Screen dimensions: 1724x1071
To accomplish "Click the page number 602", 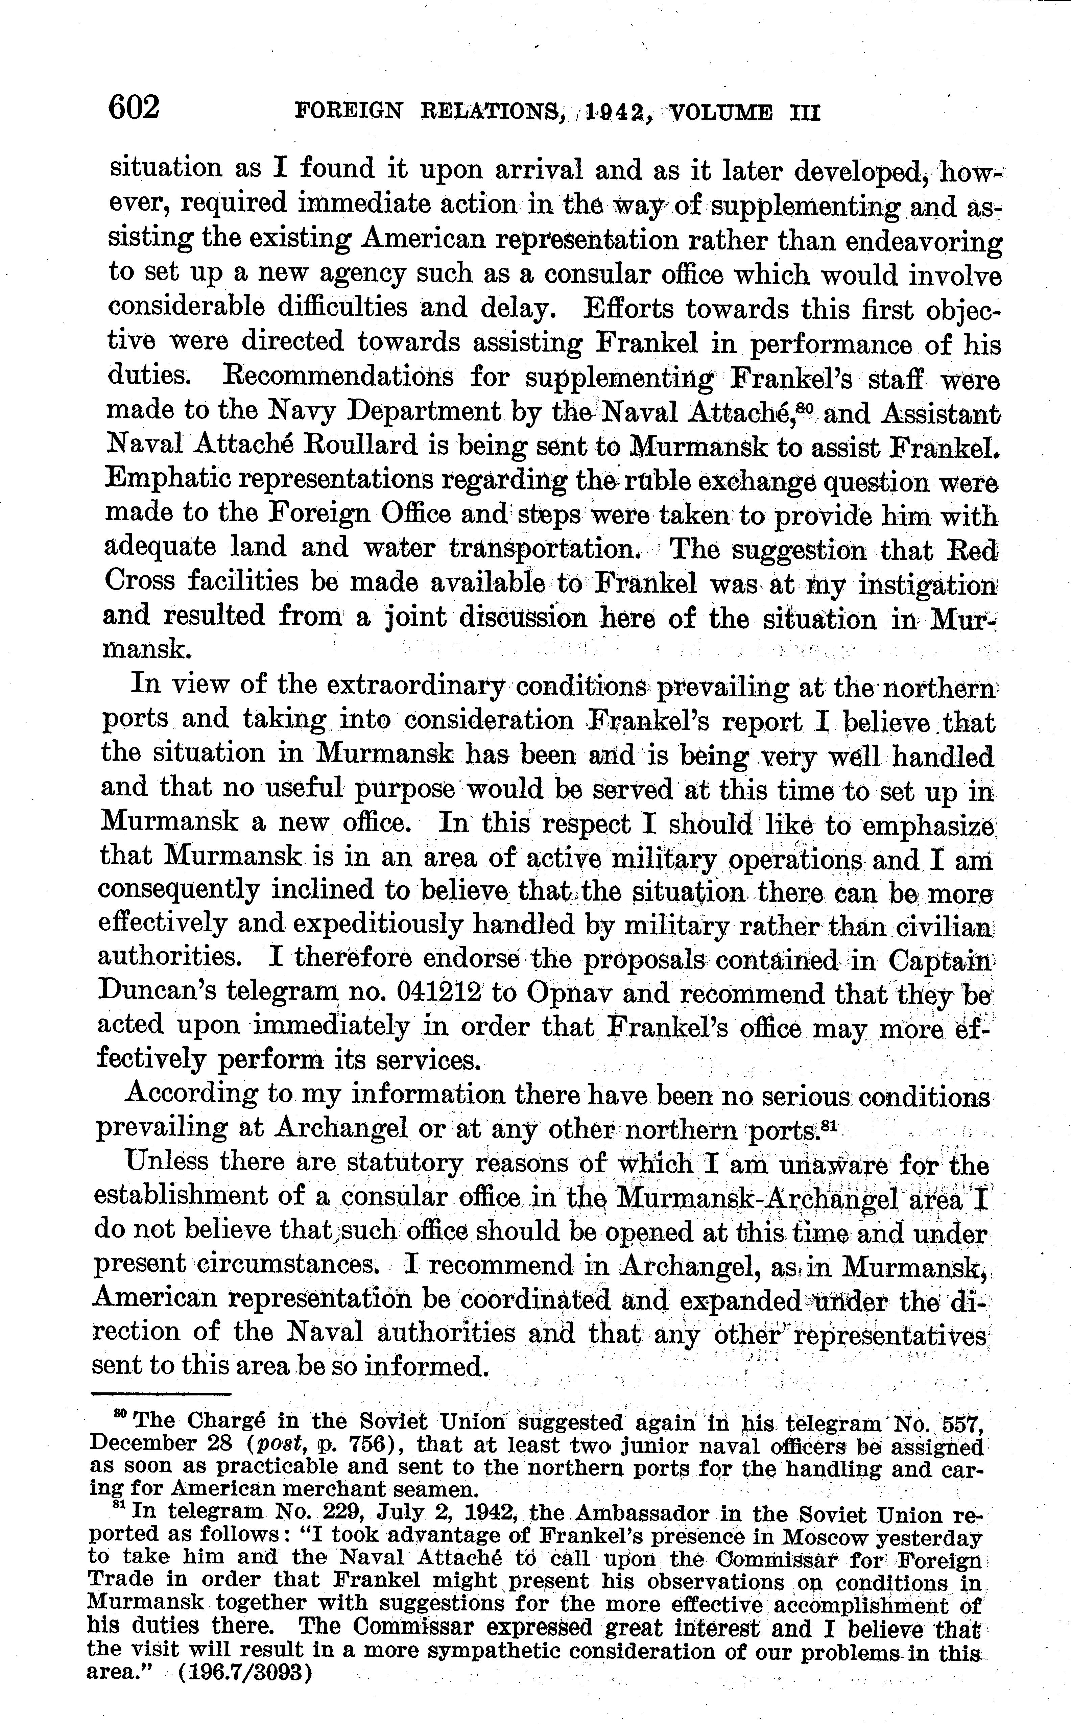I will [135, 109].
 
